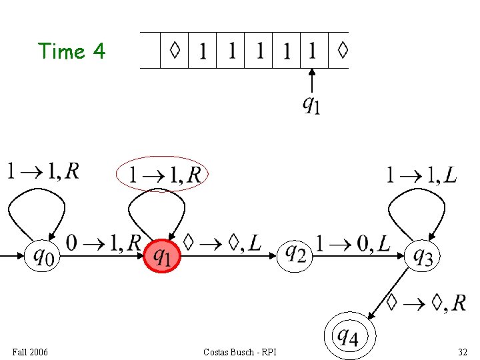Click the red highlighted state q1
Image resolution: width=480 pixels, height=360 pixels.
[162, 256]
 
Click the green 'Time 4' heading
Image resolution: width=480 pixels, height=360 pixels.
[71, 51]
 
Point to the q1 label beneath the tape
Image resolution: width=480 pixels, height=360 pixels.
[311, 105]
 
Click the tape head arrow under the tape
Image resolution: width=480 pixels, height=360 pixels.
[311, 81]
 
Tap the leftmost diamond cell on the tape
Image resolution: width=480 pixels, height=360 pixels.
[175, 50]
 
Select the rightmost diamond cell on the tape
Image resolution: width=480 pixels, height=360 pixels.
[339, 50]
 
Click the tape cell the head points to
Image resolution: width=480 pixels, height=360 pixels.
[315, 50]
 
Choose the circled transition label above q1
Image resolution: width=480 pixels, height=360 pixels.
[162, 174]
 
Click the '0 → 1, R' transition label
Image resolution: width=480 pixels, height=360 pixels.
[103, 243]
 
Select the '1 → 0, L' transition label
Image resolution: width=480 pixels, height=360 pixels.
[353, 244]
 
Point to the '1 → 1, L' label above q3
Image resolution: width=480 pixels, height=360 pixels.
[421, 175]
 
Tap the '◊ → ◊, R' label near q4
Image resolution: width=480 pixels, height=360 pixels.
[426, 303]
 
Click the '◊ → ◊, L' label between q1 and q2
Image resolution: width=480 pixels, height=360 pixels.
[222, 243]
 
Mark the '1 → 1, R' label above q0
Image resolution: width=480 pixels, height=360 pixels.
[43, 171]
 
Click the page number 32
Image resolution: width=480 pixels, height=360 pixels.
[463, 352]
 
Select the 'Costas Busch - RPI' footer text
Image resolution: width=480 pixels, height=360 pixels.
[240, 352]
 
